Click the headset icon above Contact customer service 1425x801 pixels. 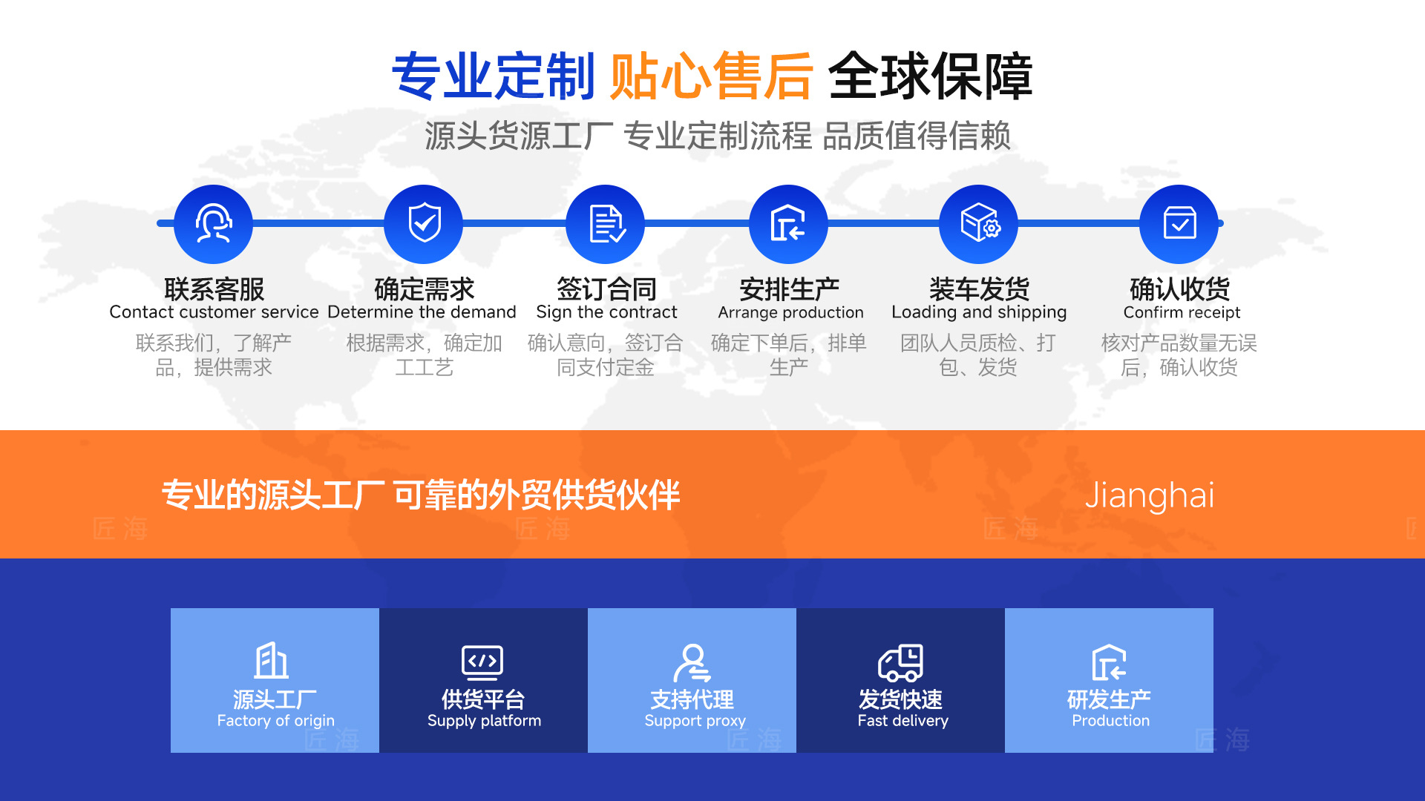(213, 224)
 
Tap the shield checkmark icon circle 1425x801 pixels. (424, 224)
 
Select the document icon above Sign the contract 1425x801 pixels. (606, 224)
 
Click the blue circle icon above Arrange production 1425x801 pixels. (788, 224)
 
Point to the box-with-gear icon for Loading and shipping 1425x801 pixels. (979, 224)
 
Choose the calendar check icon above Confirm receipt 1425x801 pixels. (1179, 224)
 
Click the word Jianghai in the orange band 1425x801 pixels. (1150, 495)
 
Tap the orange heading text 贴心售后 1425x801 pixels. (711, 76)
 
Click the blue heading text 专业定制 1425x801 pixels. (494, 76)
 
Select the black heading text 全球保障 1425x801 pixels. (930, 76)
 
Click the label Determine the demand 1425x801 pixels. (422, 312)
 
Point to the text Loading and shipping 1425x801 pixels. (979, 312)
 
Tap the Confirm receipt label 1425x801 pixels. (1182, 312)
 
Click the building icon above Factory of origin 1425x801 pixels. (272, 661)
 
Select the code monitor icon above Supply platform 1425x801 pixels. (482, 662)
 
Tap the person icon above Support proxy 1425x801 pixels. (692, 662)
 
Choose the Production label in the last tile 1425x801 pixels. (1110, 720)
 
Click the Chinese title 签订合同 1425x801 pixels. (606, 289)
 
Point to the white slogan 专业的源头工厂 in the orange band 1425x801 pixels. (273, 495)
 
